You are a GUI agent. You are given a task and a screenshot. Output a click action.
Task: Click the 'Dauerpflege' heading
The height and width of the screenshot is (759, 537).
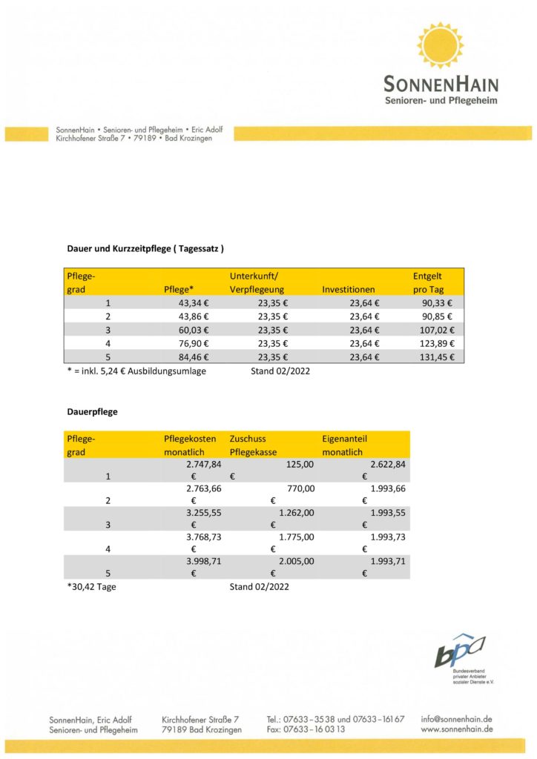coord(93,410)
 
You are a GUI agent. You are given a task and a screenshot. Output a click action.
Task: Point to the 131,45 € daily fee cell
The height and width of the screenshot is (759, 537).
coord(438,356)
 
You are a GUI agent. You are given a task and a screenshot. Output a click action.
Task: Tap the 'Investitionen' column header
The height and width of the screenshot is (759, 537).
coord(349,289)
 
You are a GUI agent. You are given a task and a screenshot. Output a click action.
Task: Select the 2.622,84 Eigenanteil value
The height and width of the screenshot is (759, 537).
coord(388,464)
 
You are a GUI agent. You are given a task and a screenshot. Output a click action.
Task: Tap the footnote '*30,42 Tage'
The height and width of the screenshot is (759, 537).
coord(92,587)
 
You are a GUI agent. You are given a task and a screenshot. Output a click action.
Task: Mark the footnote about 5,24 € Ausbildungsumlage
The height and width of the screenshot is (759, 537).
coord(136,371)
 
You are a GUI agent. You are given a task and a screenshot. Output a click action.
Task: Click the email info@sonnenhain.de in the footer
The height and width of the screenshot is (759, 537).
coord(456,719)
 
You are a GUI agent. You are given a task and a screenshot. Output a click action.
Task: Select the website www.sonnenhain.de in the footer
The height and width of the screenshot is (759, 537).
coord(457,730)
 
